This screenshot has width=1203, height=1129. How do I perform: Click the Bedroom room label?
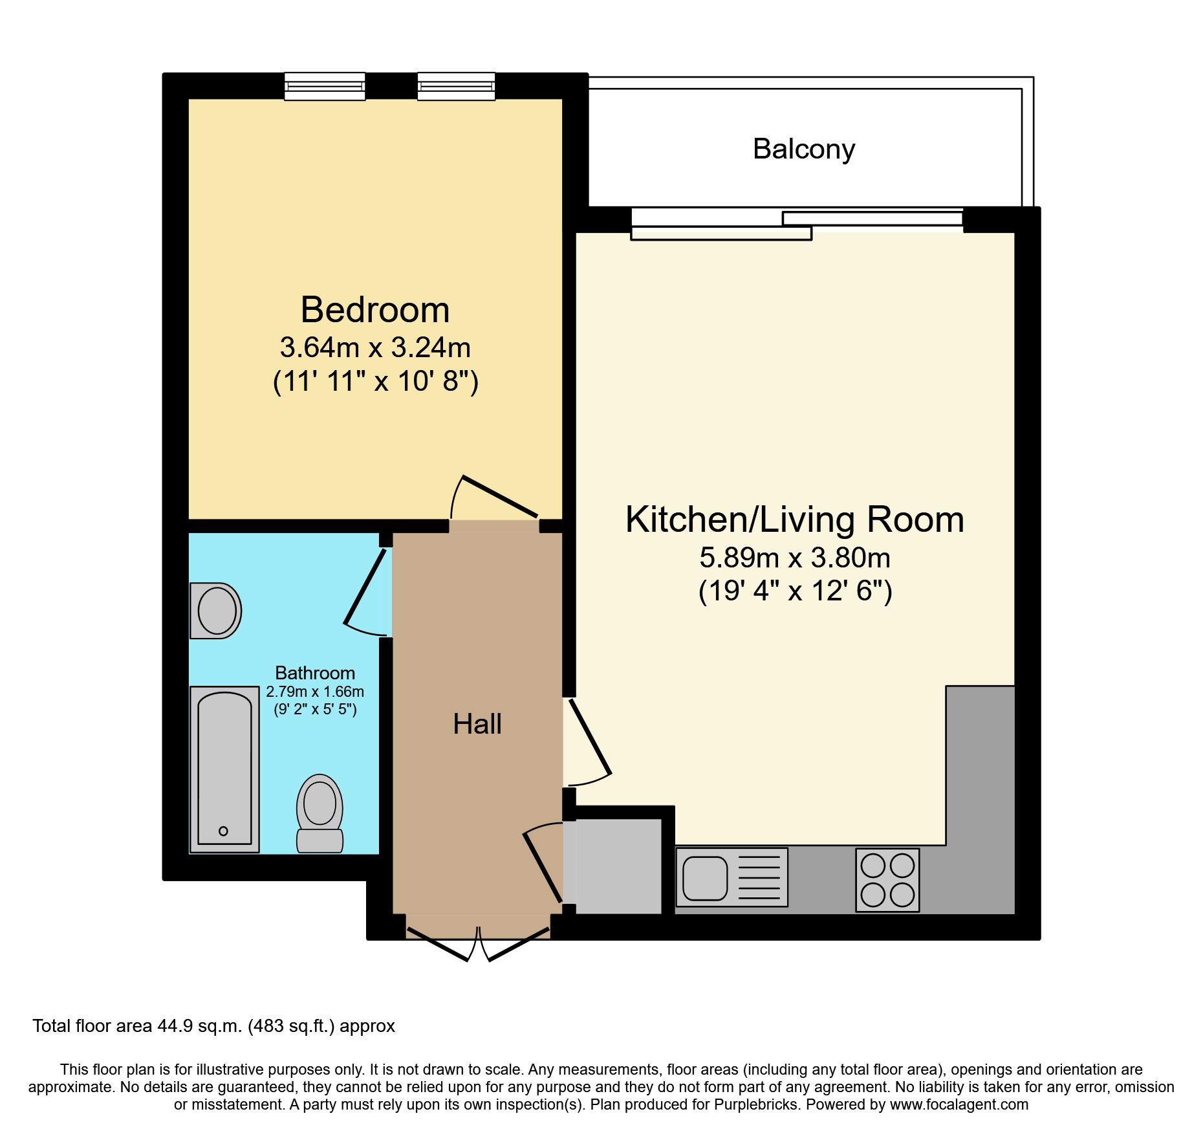point(375,310)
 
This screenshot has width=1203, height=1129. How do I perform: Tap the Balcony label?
point(803,149)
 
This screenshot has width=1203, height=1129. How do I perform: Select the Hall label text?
point(477,724)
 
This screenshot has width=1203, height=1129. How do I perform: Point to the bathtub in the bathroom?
point(224,769)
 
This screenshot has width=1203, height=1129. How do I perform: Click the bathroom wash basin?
point(216,611)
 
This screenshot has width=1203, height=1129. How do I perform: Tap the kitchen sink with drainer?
point(732,878)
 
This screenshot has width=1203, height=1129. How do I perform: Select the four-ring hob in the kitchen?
point(887,880)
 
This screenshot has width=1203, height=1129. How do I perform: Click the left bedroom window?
point(325,86)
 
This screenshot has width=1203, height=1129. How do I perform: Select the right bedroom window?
point(456,86)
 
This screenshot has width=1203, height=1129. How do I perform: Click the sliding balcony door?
point(797,223)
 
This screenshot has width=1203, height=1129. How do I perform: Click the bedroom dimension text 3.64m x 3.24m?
point(375,347)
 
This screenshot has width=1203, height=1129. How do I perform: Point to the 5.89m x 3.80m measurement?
point(795,558)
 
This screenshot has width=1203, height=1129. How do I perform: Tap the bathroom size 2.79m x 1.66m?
point(315,692)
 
